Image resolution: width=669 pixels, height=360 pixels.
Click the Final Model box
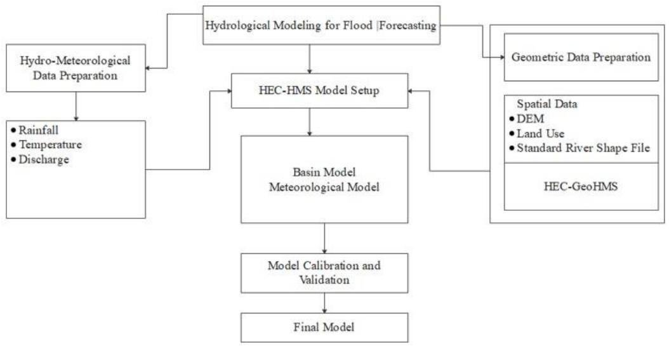324,328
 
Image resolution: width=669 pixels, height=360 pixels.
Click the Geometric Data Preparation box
581,58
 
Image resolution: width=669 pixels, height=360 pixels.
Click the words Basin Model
324,173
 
